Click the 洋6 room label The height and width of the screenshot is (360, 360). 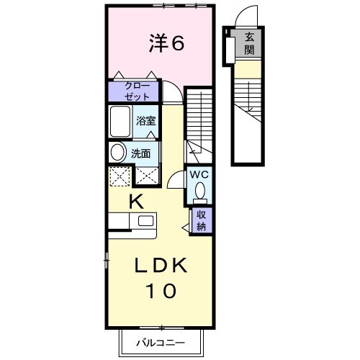coord(166,42)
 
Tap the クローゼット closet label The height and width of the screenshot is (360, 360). coord(138,91)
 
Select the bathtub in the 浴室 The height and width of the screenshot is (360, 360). coord(120,122)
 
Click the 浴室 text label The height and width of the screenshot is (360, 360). coord(145,121)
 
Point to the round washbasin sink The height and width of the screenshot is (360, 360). coord(118,152)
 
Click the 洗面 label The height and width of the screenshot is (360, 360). coord(140,153)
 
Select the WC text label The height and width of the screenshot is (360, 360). coord(199,175)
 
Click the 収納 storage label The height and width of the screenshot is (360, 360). coord(202,221)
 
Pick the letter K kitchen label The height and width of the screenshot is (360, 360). coord(136,202)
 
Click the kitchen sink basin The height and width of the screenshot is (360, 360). coord(145,220)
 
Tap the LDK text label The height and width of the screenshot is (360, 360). coord(161,265)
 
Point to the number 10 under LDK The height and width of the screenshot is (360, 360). coord(161,291)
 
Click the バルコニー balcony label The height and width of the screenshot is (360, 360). coord(161,343)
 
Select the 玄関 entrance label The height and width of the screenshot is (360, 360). coord(249,43)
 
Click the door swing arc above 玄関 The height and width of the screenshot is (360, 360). coord(240,12)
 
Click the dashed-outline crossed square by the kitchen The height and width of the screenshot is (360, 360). coord(120,176)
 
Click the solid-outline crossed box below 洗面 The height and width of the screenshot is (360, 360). coord(147,176)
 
